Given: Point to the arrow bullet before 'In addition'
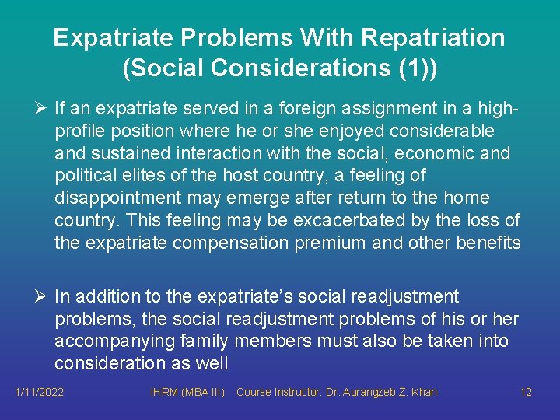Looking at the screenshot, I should [x=43, y=296].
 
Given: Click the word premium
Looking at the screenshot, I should [x=326, y=243].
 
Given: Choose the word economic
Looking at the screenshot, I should [x=432, y=153].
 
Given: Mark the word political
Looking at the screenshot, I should [x=86, y=176].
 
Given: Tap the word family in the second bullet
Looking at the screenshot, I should [x=203, y=341].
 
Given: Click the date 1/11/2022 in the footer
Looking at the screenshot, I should [x=40, y=392].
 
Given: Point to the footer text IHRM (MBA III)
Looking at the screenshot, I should [x=187, y=392].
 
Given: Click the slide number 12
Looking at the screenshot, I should [x=526, y=392].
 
